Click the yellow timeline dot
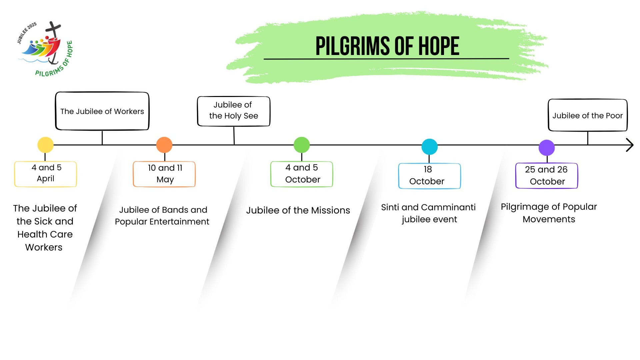[x=45, y=145]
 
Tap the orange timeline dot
[x=164, y=145]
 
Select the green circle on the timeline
[x=302, y=145]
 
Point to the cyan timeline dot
[x=429, y=147]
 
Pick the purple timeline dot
[x=547, y=147]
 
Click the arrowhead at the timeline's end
[x=629, y=145]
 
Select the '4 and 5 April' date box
[x=46, y=174]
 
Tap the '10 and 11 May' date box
[x=164, y=174]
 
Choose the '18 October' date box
[x=429, y=176]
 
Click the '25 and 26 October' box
[x=547, y=176]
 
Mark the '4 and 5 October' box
[x=302, y=174]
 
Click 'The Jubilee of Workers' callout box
[x=102, y=111]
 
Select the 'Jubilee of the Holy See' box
[x=233, y=111]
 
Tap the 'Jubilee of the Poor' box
[x=588, y=115]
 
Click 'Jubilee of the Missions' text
[x=298, y=210]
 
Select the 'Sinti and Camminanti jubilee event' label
[x=429, y=213]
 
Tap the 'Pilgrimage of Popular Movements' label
[x=549, y=213]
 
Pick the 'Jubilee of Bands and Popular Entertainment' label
[x=162, y=216]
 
